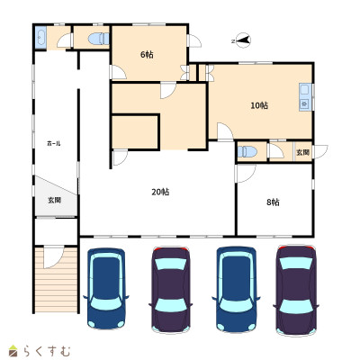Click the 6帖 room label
click(x=147, y=55)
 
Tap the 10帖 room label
click(x=259, y=105)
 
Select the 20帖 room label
click(x=160, y=192)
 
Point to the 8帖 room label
click(x=273, y=202)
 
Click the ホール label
click(x=54, y=143)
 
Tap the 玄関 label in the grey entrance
click(x=55, y=200)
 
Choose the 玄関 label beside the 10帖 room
click(x=302, y=152)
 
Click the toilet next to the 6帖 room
click(x=99, y=39)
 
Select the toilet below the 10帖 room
click(x=247, y=151)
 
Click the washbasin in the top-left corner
click(x=40, y=38)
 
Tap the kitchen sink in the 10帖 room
click(x=305, y=97)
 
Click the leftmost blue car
click(x=105, y=288)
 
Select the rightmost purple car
click(x=296, y=291)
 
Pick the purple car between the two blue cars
click(x=171, y=290)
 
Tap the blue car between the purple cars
click(x=236, y=289)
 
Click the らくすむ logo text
click(x=47, y=351)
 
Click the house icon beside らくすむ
click(x=13, y=351)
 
